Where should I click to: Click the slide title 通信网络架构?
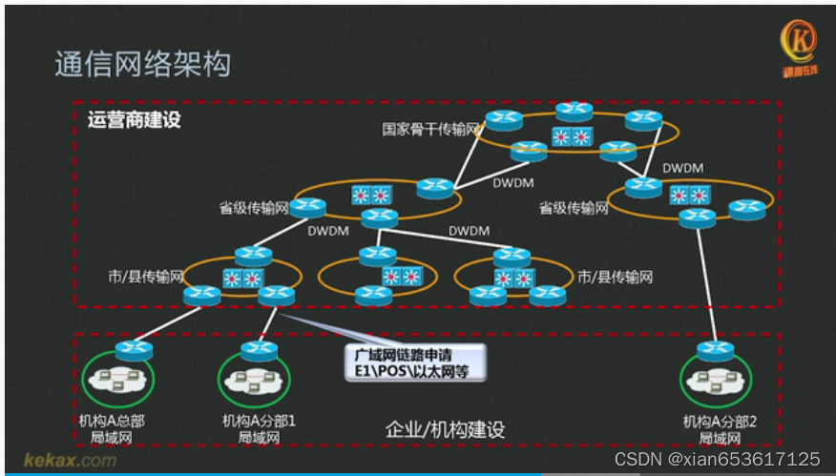(142, 65)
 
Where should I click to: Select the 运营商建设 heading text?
(134, 121)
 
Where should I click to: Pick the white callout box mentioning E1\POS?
(413, 363)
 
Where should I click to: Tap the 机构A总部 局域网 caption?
(113, 428)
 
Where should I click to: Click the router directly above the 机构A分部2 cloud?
(714, 349)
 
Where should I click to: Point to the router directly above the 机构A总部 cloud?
(134, 349)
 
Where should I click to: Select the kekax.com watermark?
(70, 460)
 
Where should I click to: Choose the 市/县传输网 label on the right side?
(616, 277)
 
